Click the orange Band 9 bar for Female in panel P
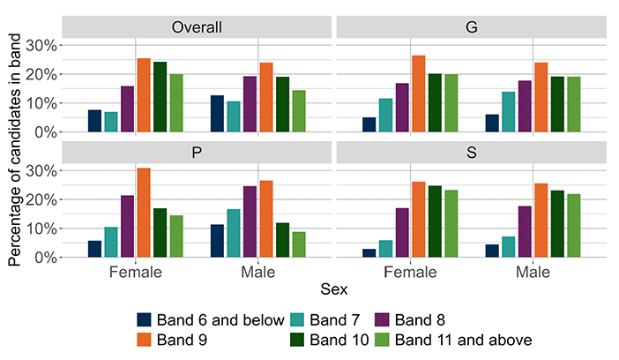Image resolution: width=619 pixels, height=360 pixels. (x=144, y=213)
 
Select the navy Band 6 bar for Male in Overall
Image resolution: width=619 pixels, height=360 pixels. (x=217, y=114)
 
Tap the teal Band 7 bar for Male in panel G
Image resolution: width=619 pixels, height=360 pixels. (x=509, y=112)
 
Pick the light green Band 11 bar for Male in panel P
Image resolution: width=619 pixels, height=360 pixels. (x=299, y=244)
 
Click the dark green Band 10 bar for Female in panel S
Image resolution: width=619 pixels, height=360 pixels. (x=435, y=221)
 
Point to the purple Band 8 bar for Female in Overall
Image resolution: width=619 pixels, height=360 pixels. (x=127, y=109)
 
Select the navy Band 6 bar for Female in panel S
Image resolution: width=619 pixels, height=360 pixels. (x=369, y=253)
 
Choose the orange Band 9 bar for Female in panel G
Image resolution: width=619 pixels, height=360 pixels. (x=419, y=94)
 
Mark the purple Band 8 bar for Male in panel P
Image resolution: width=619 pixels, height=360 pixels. (x=250, y=221)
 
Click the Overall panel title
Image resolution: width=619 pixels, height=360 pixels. (x=197, y=27)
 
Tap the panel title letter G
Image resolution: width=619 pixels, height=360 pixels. (x=472, y=27)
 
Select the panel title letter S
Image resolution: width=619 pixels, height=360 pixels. (x=472, y=153)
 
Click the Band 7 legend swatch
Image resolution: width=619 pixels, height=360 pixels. (x=297, y=319)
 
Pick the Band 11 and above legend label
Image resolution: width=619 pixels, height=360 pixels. (x=464, y=340)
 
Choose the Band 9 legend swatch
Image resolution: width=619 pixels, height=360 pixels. (x=144, y=340)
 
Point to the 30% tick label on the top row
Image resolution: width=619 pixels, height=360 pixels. (x=41, y=46)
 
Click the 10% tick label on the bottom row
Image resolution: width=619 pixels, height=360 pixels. (x=41, y=229)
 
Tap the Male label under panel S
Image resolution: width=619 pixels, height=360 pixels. (x=533, y=273)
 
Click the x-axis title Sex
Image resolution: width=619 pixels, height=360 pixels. (x=334, y=289)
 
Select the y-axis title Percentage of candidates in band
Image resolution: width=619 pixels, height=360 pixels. (x=15, y=150)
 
